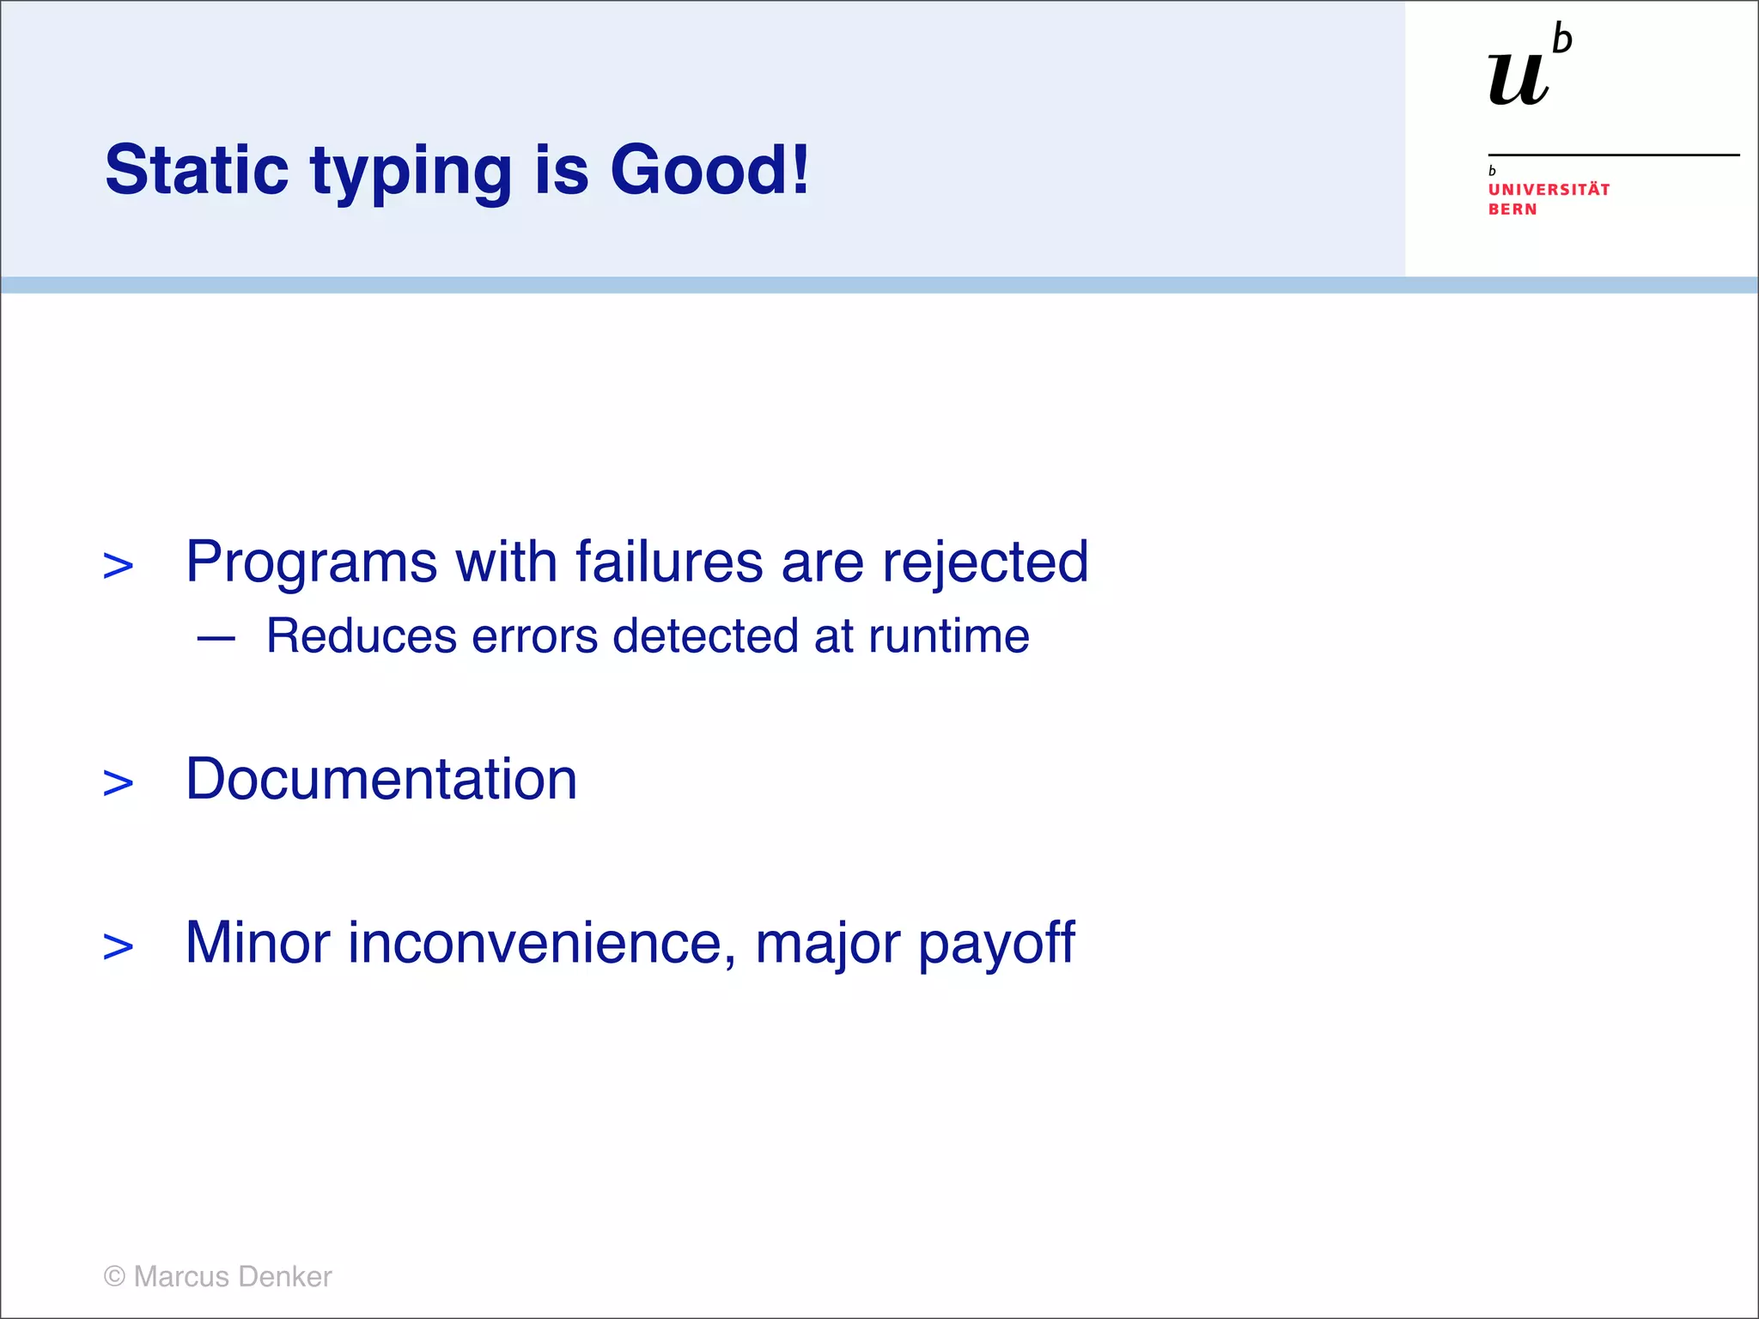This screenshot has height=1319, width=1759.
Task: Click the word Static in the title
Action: tap(197, 169)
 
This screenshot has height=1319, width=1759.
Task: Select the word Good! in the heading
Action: tap(709, 169)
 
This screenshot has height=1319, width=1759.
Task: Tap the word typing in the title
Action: tap(411, 172)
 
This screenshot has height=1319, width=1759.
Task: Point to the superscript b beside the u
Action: tap(1562, 40)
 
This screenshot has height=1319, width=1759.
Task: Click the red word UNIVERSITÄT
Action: tap(1549, 189)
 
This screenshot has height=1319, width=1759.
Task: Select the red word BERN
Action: tap(1512, 210)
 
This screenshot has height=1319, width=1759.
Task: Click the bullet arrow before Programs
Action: tap(119, 566)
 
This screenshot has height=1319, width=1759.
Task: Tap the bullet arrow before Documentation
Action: tap(119, 783)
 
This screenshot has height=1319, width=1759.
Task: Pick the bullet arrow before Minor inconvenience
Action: tap(119, 946)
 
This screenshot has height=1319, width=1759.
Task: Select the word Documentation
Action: tap(381, 779)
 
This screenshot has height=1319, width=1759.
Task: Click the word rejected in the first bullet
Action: tap(985, 563)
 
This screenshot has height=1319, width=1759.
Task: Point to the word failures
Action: tap(669, 562)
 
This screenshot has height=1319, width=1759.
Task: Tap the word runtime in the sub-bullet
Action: tap(948, 636)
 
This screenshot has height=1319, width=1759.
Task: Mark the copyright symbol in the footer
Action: tap(114, 1277)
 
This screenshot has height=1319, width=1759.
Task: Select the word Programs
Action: tap(312, 563)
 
